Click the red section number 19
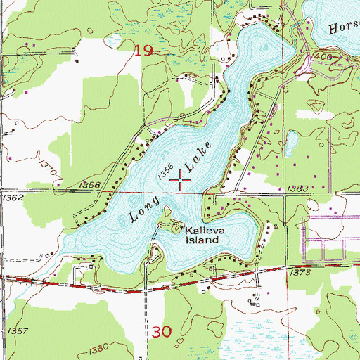[x=144, y=49]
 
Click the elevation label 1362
[x=13, y=198]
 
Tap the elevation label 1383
[x=298, y=188]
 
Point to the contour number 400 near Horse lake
[x=322, y=55]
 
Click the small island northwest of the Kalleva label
[x=168, y=210]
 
